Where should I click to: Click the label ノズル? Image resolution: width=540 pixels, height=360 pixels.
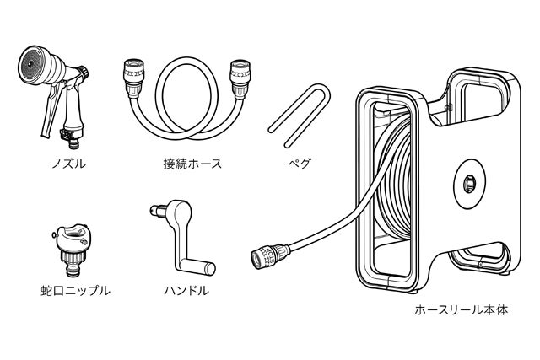[58, 162]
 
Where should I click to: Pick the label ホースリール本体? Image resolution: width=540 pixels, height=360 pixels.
[461, 310]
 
